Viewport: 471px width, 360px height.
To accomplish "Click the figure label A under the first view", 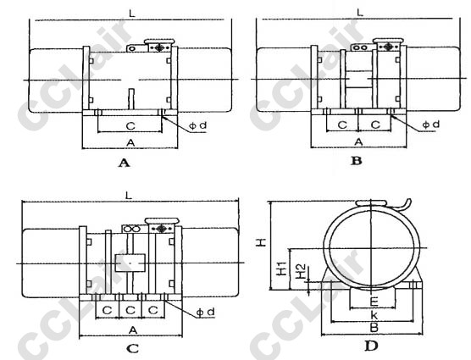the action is tap(125, 163).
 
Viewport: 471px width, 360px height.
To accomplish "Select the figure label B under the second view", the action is tap(357, 161).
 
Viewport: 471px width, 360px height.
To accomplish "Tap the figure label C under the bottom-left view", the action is tap(132, 348).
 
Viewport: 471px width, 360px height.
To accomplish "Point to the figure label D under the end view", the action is tap(371, 346).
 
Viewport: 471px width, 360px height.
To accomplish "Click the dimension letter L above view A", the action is tap(132, 14).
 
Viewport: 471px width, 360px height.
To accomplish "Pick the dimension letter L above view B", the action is tap(360, 13).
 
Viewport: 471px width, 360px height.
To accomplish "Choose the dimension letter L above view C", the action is tap(129, 196).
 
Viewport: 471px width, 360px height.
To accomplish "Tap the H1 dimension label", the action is tap(281, 269).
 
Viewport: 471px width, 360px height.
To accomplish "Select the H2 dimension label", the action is tap(301, 271).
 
